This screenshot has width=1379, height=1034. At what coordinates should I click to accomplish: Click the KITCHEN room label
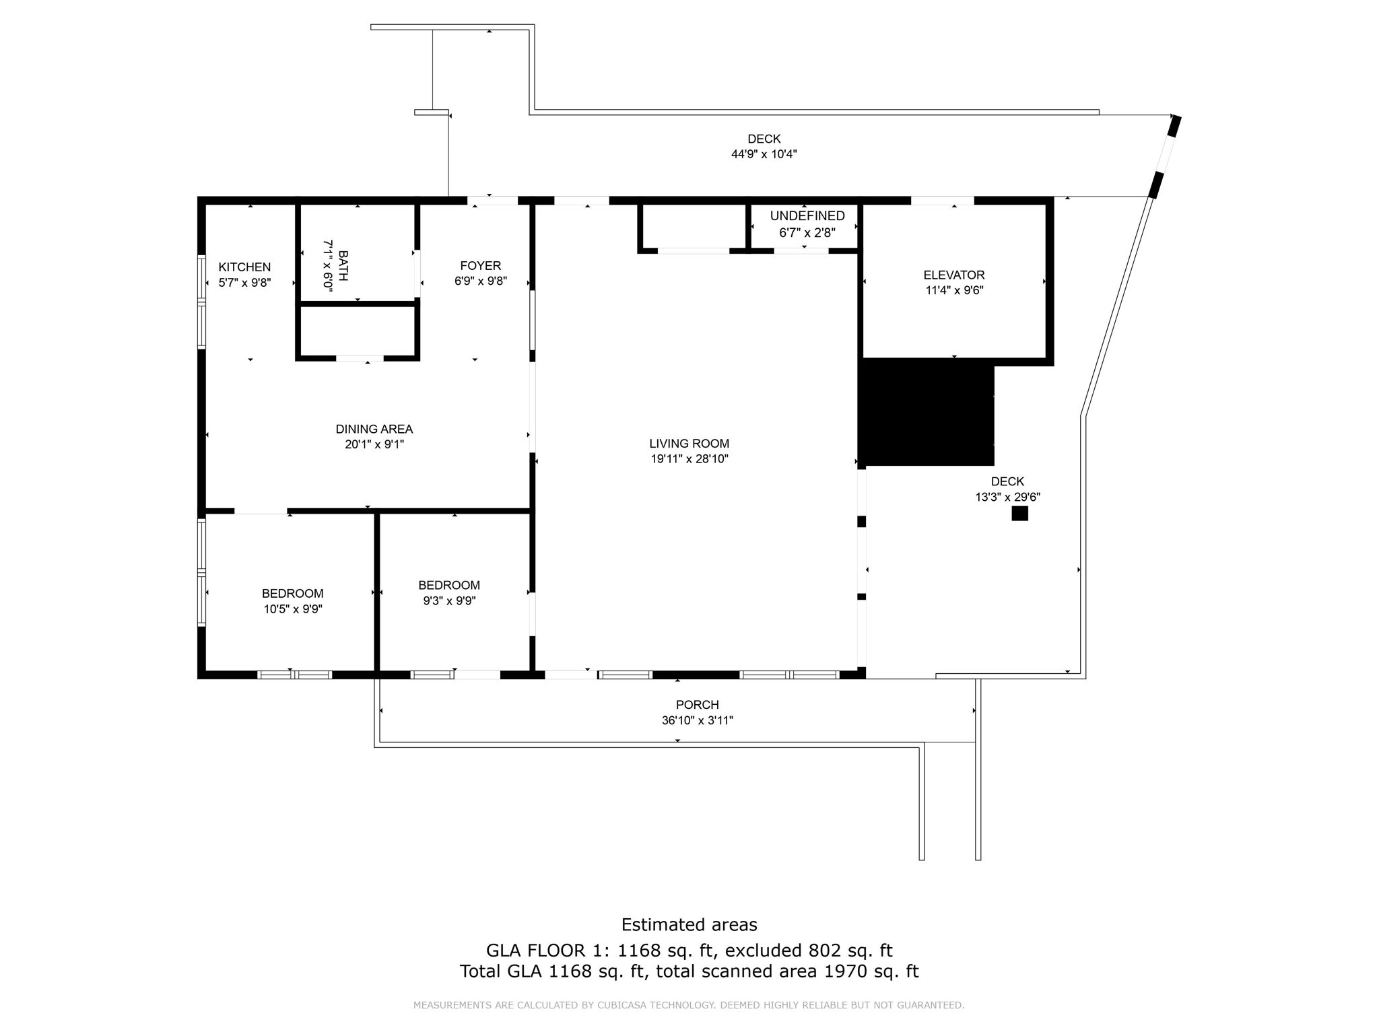pos(244,267)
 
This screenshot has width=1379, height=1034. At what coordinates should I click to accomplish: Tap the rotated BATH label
pos(343,266)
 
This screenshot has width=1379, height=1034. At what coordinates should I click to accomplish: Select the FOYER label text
pos(480,266)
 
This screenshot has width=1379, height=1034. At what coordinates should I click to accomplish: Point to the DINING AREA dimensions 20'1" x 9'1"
pos(374,444)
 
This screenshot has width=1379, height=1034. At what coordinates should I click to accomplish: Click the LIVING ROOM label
pos(689,444)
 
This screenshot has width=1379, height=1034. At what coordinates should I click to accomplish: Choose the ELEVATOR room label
pos(953,275)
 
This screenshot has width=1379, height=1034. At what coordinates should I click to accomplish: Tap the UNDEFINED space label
pos(807,216)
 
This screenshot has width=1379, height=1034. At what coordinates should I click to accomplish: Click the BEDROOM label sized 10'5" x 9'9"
pos(292,594)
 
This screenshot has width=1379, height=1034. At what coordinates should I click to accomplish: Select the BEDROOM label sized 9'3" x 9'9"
pos(449,586)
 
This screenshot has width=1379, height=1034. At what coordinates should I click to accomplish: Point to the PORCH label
pos(697,705)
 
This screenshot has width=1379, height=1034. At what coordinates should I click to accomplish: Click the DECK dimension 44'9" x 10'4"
pos(764,154)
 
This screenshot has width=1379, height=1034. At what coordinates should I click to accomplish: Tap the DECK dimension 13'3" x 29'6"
pos(1007,497)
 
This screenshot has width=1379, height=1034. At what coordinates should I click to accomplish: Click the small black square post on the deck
pos(1019,514)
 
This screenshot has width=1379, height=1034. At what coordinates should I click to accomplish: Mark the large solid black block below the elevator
pos(926,412)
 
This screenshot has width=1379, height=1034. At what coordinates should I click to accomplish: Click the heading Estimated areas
pos(689,925)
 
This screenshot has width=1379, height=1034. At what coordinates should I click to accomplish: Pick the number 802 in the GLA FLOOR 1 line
pos(826,951)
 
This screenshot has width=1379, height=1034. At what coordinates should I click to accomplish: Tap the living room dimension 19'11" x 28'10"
pos(689,459)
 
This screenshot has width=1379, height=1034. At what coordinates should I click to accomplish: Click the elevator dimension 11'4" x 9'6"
pos(953,291)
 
